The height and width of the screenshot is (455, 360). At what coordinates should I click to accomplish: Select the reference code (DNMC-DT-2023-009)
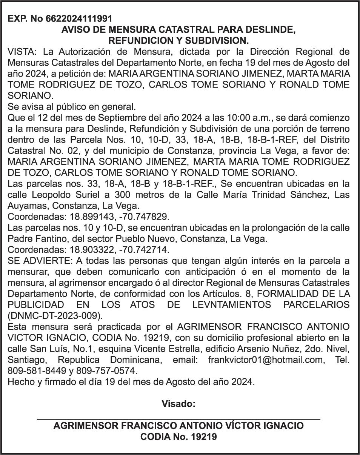54,315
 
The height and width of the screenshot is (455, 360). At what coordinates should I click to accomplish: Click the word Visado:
178,404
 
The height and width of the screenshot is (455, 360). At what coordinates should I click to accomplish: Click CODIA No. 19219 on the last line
178,437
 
